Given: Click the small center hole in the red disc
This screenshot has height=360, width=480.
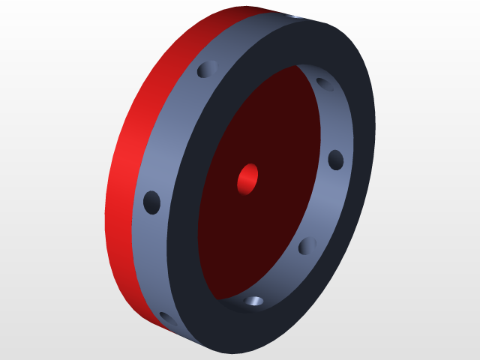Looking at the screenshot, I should pyautogui.click(x=247, y=179).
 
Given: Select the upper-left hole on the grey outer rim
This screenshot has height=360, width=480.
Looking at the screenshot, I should pyautogui.click(x=205, y=70).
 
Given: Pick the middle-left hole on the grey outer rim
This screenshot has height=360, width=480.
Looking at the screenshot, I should pyautogui.click(x=152, y=201).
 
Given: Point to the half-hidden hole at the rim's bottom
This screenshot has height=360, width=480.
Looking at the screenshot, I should pyautogui.click(x=166, y=319).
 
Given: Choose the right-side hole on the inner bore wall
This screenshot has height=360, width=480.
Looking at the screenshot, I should pyautogui.click(x=336, y=159).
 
